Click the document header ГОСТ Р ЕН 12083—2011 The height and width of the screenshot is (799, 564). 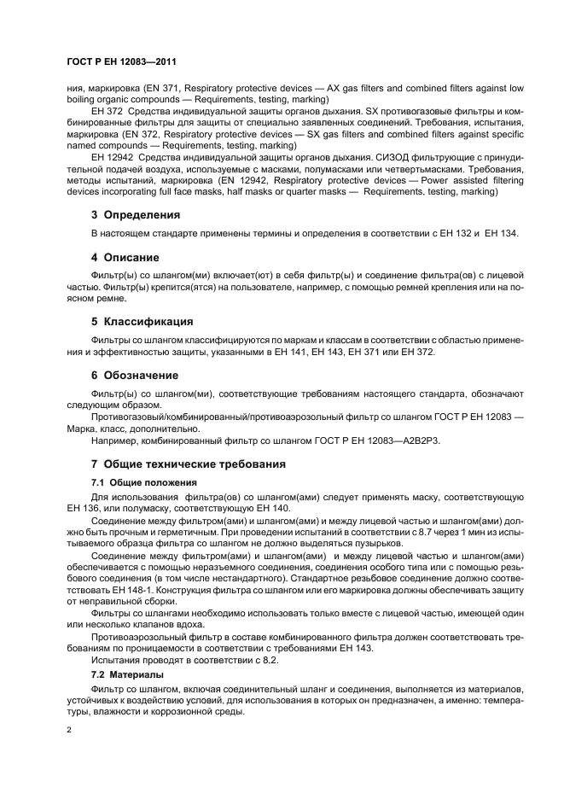pyautogui.click(x=121, y=62)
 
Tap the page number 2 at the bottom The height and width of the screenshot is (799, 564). pyautogui.click(x=70, y=731)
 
